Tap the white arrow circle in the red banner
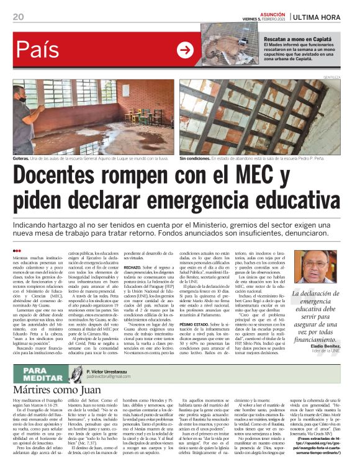point(184,50)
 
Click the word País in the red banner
point(37,50)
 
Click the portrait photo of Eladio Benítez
point(322,267)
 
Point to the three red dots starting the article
point(17,251)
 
